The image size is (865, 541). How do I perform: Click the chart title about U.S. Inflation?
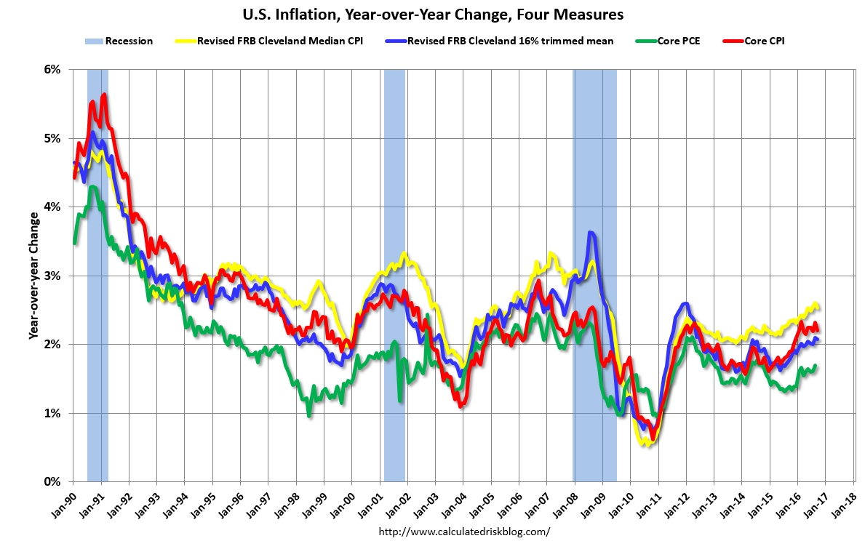432,15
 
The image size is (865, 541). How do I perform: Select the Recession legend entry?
121,41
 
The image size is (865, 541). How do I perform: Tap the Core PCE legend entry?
671,41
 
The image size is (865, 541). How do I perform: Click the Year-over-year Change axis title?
33,276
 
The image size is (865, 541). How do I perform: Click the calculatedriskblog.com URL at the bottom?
464,532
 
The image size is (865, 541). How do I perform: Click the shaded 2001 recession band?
394,276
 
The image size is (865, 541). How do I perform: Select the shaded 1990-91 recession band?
97,276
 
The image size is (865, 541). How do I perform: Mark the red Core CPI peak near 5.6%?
105,95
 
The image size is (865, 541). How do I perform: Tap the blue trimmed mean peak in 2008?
591,233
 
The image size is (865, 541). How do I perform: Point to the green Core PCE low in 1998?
309,414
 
